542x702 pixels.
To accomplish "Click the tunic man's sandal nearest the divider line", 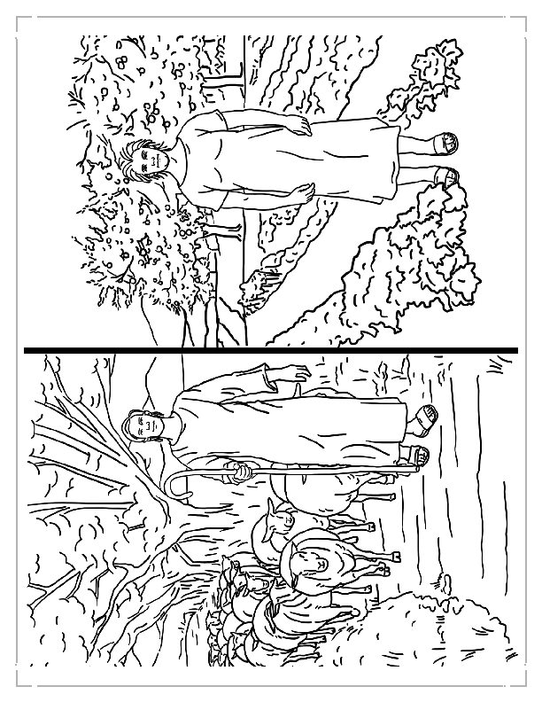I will click(x=446, y=177).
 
